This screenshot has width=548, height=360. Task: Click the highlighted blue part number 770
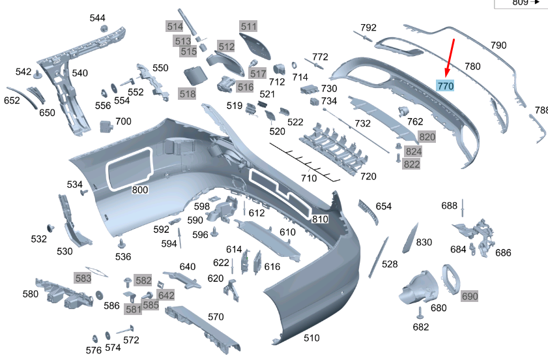446,86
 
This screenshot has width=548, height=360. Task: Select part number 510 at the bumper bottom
312,338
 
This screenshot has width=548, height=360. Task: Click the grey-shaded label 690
470,297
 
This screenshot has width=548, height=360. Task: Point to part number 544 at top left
98,18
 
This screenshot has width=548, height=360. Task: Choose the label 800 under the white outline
140,190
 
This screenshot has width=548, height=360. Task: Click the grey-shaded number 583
83,278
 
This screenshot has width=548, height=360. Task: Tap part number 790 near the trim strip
498,46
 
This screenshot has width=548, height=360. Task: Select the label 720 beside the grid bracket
368,177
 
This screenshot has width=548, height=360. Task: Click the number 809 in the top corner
520,3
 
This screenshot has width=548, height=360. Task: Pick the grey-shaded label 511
248,26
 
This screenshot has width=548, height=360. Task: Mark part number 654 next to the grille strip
384,206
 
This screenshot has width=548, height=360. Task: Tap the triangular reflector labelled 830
410,239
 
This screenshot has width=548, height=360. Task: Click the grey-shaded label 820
427,136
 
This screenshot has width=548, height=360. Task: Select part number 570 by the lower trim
216,317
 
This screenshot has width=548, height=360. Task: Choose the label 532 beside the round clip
38,239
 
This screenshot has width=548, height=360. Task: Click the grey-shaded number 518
187,94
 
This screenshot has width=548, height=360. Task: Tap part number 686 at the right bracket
503,253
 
